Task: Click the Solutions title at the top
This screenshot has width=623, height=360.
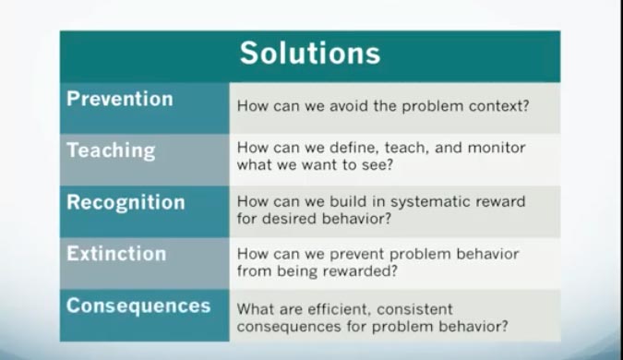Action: [310, 53]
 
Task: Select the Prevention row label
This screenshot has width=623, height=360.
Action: [119, 99]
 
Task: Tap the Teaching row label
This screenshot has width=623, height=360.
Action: [111, 150]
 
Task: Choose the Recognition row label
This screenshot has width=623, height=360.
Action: [126, 202]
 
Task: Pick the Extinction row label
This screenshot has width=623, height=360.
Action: [116, 254]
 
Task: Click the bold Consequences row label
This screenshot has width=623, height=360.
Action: [138, 306]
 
